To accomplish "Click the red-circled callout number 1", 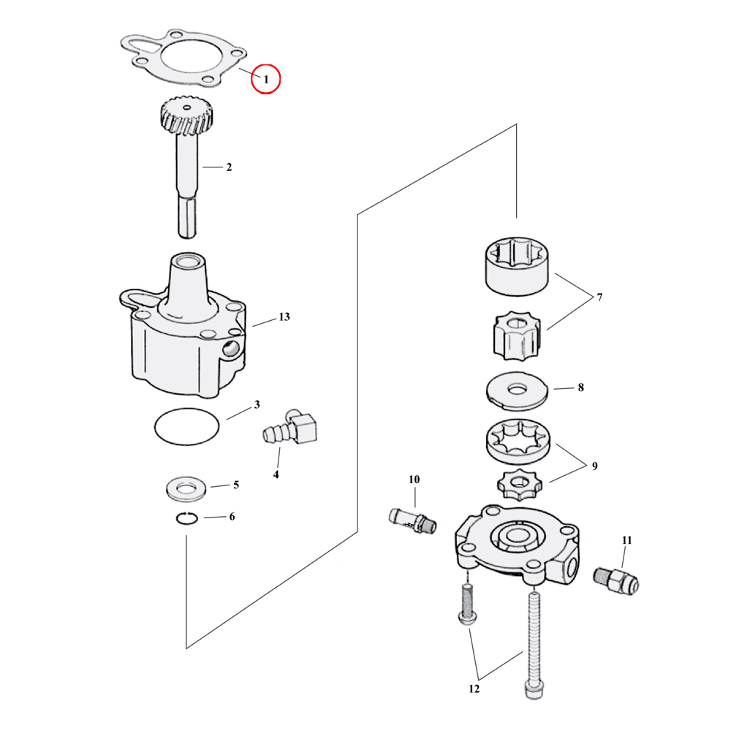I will tap(265, 79).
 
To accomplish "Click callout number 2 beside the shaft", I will tap(228, 167).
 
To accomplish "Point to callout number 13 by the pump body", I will tap(284, 317).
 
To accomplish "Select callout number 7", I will tap(599, 298).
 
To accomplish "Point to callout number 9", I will tap(594, 466).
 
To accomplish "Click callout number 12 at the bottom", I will tap(473, 689).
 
